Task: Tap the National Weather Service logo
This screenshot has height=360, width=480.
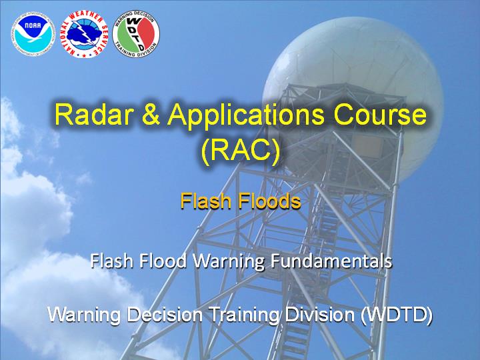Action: tap(84, 34)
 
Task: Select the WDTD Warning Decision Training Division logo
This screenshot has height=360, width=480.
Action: tap(136, 34)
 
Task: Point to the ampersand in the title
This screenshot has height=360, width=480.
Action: tap(151, 115)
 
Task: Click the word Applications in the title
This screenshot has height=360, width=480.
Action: tap(245, 116)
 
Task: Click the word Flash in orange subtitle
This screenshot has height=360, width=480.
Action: tap(206, 201)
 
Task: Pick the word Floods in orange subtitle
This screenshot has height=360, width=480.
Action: tap(269, 201)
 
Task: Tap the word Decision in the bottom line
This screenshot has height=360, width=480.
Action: tap(165, 315)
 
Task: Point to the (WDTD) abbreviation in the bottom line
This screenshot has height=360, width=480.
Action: tap(397, 315)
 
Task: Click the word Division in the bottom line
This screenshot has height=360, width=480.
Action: tap(320, 315)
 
